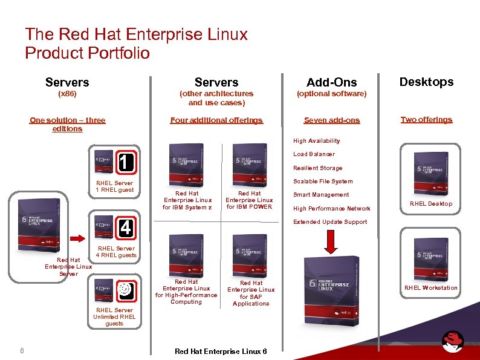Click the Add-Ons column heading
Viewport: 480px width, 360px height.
(x=331, y=82)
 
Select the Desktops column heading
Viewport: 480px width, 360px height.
(x=426, y=82)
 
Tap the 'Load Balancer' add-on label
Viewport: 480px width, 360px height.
(x=314, y=154)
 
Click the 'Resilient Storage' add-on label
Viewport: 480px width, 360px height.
(x=317, y=168)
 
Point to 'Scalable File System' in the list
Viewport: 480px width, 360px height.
(x=323, y=182)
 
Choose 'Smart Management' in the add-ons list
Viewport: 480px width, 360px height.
(x=321, y=195)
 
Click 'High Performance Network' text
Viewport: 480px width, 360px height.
(x=331, y=209)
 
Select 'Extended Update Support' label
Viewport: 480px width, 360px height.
(x=330, y=222)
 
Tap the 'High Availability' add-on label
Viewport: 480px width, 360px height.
(x=316, y=141)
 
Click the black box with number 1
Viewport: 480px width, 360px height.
(x=126, y=162)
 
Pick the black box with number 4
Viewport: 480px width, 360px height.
(x=126, y=228)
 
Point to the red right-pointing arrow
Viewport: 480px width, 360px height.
(x=78, y=238)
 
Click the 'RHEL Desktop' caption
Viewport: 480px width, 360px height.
(x=430, y=204)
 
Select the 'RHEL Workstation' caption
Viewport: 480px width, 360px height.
(x=430, y=288)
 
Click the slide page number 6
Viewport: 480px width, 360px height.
(x=22, y=350)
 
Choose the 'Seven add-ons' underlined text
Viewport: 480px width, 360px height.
(x=331, y=120)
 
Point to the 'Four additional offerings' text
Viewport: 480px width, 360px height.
(x=216, y=120)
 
